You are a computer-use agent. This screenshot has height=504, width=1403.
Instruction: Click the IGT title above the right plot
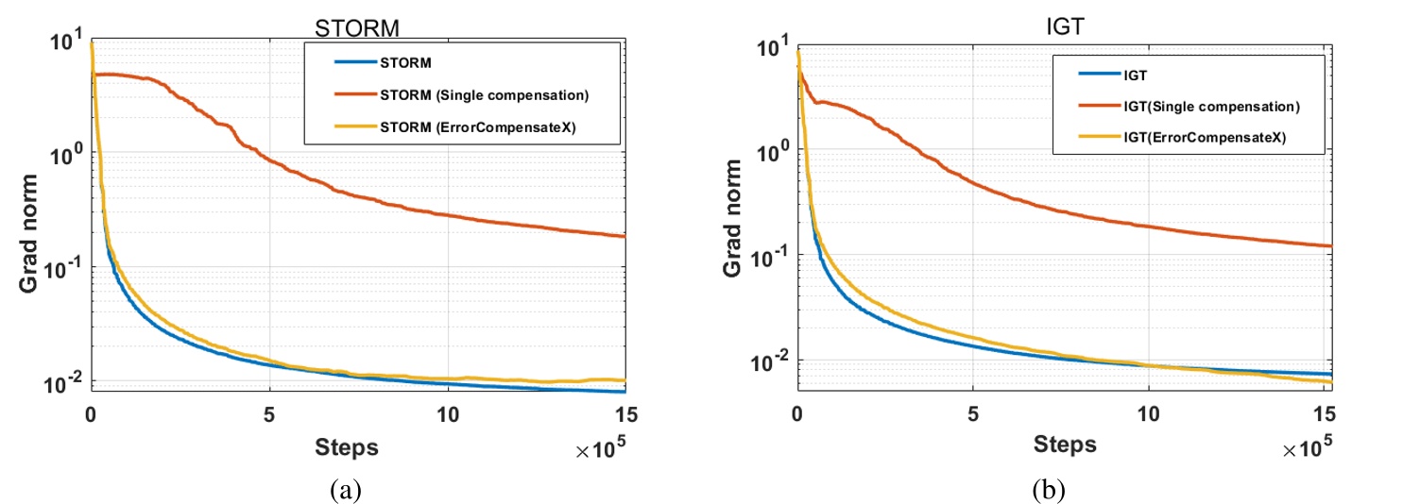click(1065, 31)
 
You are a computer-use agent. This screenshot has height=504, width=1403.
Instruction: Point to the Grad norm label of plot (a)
click(30, 221)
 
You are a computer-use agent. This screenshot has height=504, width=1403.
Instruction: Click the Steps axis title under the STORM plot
click(347, 446)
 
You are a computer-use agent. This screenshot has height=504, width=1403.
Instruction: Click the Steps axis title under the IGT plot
click(1065, 443)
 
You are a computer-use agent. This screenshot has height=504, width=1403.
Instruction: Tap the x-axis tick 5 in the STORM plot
click(269, 414)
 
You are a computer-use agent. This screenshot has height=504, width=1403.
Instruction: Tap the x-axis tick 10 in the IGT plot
click(1148, 412)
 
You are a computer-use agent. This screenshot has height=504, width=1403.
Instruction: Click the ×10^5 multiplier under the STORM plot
click(603, 452)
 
